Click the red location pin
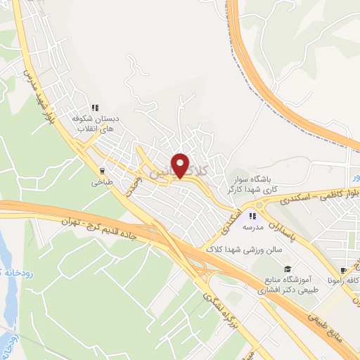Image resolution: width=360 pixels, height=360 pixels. coord(181,165)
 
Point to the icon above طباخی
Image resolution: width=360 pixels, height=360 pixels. coord(103,169)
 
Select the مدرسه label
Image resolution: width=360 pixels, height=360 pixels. coord(253,229)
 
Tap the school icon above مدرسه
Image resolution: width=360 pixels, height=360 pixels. coord(252,216)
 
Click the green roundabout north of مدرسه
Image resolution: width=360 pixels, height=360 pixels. coord(261,205)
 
